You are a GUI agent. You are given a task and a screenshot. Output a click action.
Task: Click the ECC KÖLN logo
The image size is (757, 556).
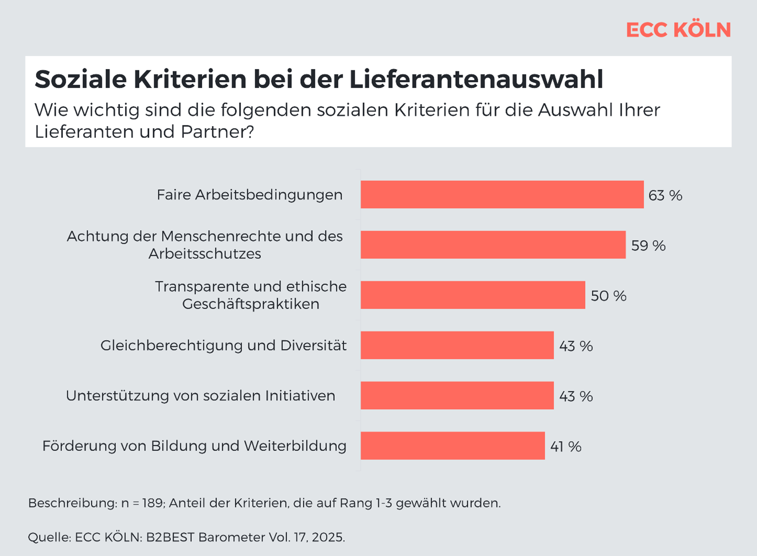[x=678, y=30]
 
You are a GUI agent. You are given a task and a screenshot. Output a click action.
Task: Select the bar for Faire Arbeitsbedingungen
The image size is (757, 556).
[x=502, y=195]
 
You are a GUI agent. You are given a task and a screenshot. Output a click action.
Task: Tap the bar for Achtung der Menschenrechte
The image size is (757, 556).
[x=493, y=245]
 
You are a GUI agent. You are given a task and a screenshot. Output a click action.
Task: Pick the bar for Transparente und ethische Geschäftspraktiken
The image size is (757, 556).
[x=473, y=295]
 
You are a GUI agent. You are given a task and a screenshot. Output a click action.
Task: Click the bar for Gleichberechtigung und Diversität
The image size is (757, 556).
[x=457, y=346]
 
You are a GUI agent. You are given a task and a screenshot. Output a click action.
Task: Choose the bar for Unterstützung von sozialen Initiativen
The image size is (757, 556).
[x=457, y=396]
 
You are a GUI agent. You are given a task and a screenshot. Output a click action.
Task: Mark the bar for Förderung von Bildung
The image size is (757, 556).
[x=453, y=446]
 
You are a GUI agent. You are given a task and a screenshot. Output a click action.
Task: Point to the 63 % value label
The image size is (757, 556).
[x=665, y=195]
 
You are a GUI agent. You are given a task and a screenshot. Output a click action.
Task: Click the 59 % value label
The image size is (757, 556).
[x=648, y=246]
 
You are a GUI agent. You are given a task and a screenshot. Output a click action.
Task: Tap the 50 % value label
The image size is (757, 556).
[x=608, y=296]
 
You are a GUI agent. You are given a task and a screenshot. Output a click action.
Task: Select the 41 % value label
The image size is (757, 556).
[x=566, y=447]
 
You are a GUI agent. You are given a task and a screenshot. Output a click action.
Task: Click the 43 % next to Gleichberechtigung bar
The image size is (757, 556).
[x=576, y=346]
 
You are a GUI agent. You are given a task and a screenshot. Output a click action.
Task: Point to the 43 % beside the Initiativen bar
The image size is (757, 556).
[x=576, y=396]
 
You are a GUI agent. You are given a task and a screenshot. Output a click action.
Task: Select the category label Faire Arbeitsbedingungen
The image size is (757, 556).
[x=249, y=195]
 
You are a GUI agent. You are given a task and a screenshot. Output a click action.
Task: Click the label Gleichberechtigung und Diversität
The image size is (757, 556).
[x=223, y=346]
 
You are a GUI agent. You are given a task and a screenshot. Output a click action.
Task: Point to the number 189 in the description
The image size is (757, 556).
[x=152, y=503]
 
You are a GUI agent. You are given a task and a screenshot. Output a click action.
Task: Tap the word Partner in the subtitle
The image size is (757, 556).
[x=217, y=131]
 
